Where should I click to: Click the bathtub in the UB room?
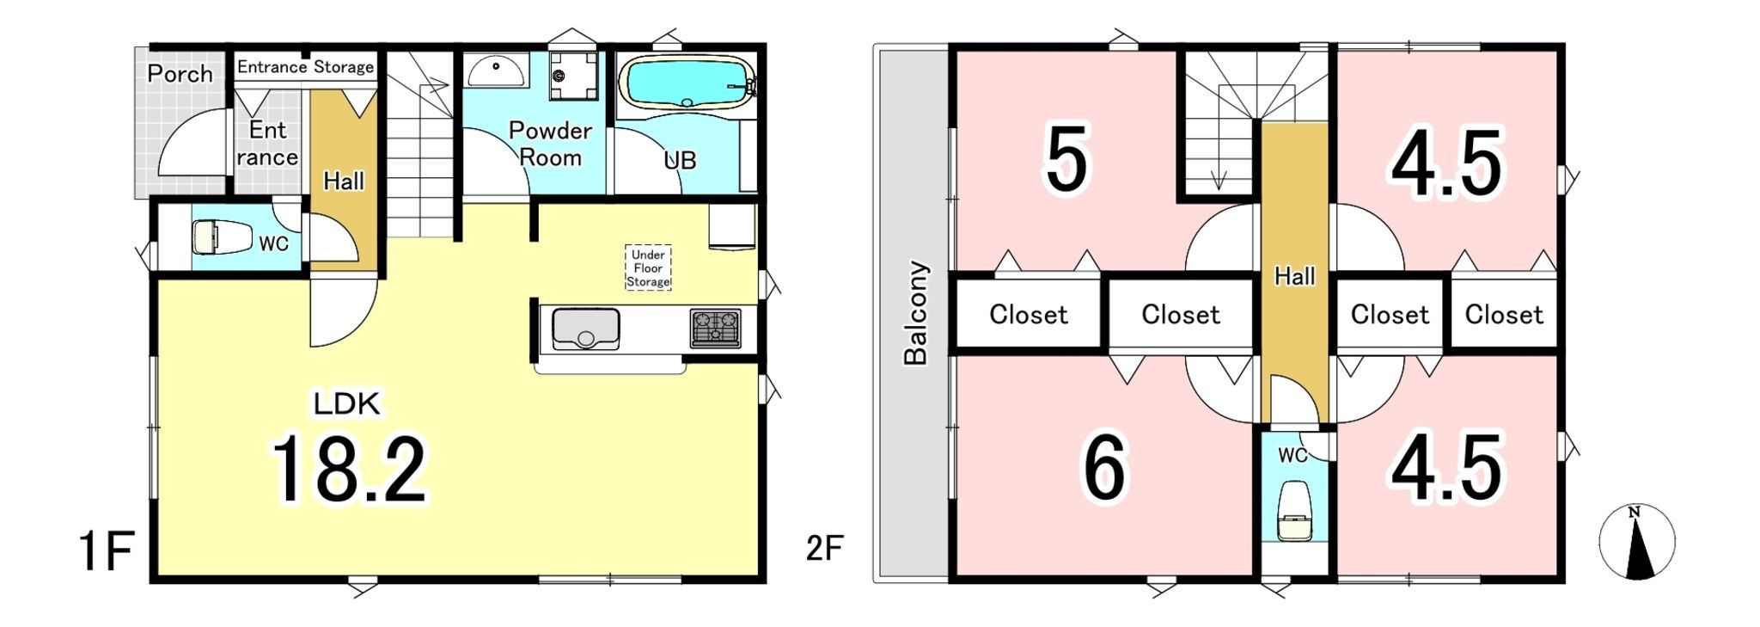(686, 83)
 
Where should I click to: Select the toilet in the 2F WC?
(1293, 511)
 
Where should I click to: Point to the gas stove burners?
(715, 329)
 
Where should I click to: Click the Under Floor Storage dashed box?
(648, 267)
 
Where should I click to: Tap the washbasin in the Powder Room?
(497, 71)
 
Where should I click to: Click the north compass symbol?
(1636, 542)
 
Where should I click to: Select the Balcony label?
(916, 313)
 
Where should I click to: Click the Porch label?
(180, 74)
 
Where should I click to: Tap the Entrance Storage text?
(305, 67)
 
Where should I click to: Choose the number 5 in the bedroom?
(1066, 158)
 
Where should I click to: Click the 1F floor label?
(106, 551)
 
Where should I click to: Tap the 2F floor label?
(824, 548)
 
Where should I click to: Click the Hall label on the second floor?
(1294, 276)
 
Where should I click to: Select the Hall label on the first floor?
(344, 181)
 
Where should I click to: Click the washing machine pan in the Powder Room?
(573, 75)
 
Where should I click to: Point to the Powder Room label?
(550, 144)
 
